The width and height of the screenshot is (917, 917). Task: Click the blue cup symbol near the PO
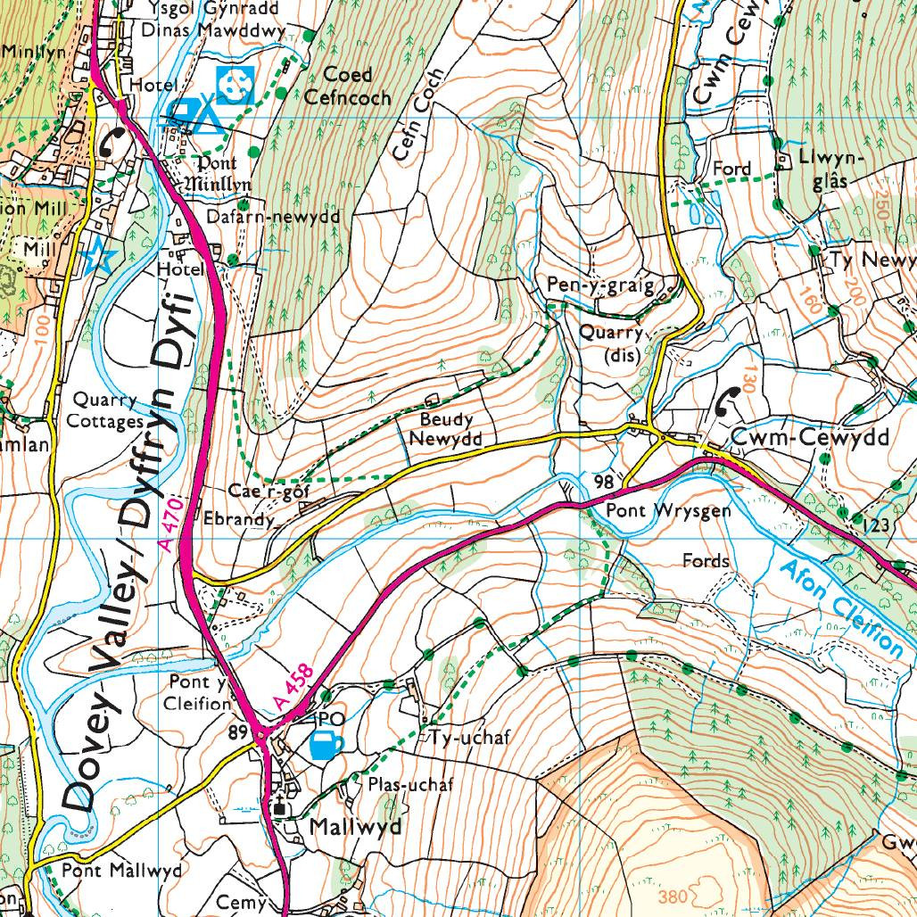point(326,745)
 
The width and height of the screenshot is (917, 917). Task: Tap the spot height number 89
point(238,732)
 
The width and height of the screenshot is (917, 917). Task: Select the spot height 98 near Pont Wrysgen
point(604,483)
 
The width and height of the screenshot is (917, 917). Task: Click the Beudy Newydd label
point(445,429)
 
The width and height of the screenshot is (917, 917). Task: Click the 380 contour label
point(673,895)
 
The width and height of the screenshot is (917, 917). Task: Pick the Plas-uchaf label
point(410,785)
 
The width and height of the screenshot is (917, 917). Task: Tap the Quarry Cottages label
point(108,411)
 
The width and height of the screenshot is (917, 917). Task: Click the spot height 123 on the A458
point(877,525)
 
